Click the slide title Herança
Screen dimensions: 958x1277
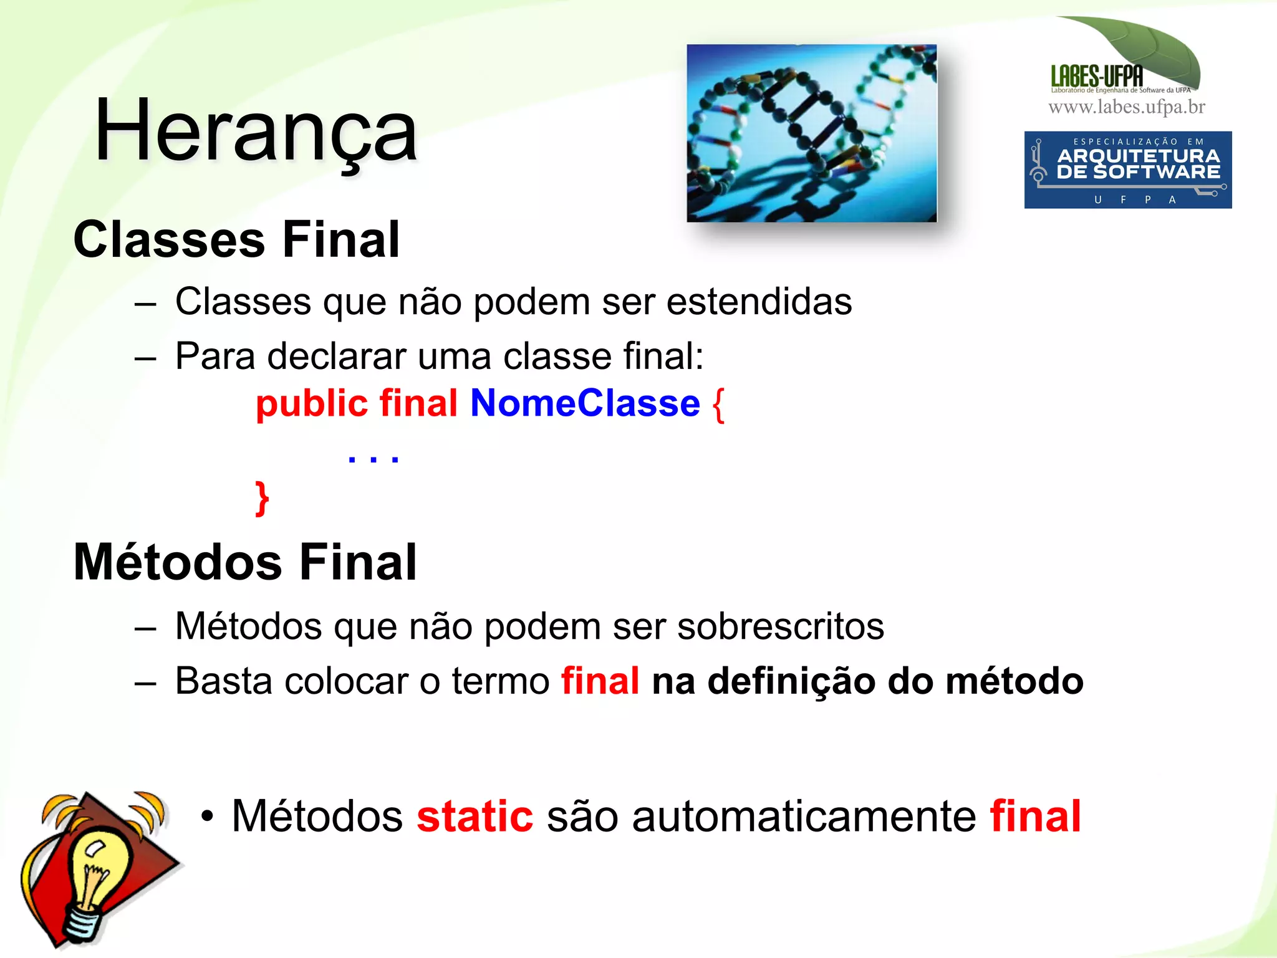pyautogui.click(x=256, y=132)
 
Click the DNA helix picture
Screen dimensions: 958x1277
pyautogui.click(x=811, y=133)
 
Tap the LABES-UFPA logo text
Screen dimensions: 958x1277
pyautogui.click(x=1097, y=77)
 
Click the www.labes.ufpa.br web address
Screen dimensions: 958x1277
pyautogui.click(x=1126, y=107)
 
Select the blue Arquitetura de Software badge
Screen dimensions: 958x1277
pyautogui.click(x=1127, y=170)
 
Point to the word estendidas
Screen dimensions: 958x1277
pyautogui.click(x=759, y=302)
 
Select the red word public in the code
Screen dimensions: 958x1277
pyautogui.click(x=312, y=403)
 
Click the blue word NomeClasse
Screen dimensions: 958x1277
pyautogui.click(x=585, y=403)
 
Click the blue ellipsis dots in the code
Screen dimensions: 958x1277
pyautogui.click(x=373, y=459)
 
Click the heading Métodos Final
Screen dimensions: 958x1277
pyautogui.click(x=245, y=562)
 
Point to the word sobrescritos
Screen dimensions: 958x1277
pyautogui.click(x=780, y=626)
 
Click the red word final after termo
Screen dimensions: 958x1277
pyautogui.click(x=600, y=681)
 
